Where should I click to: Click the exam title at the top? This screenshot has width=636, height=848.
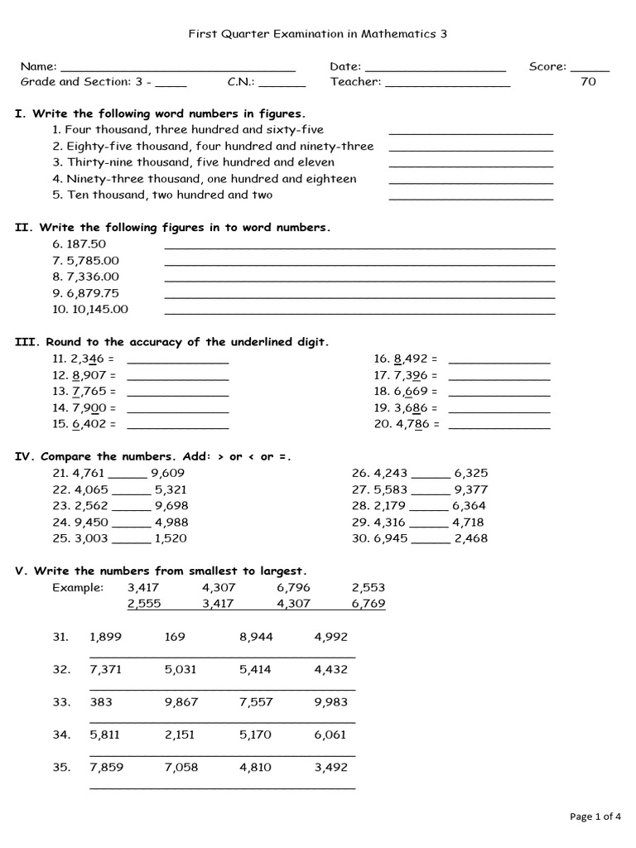318,34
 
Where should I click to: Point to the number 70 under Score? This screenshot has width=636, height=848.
589,82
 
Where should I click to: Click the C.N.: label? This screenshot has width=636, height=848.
241,82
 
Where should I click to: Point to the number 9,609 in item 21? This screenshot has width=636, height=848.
167,473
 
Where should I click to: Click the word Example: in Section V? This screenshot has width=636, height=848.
78,587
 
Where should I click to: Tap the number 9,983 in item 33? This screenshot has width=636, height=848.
331,702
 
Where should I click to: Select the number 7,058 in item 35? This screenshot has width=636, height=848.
181,768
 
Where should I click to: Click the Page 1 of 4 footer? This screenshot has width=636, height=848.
595,817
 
